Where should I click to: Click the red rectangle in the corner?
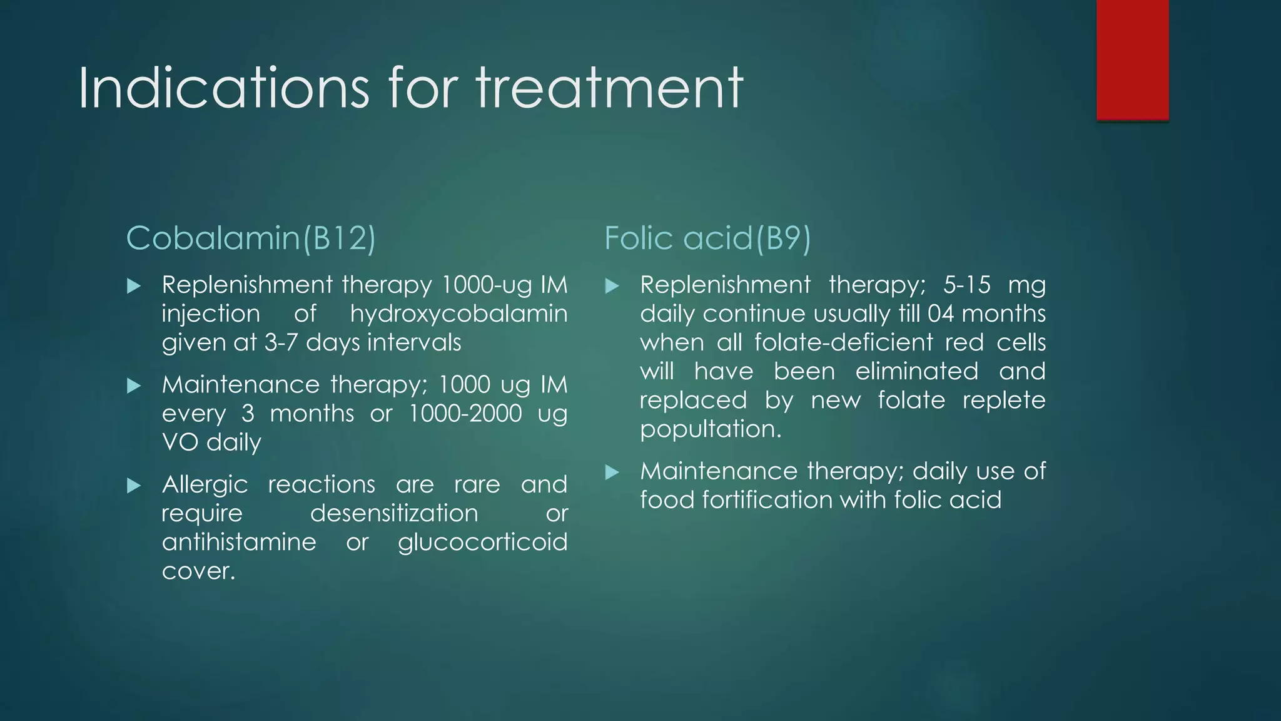point(1132,60)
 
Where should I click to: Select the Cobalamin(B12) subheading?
point(251,238)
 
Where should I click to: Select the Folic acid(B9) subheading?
point(707,238)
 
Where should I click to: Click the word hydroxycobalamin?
point(458,314)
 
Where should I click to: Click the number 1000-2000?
point(465,414)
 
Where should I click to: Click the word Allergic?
point(205,485)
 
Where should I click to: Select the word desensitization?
point(394,514)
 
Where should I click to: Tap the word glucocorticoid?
point(482,543)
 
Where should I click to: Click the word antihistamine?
point(239,543)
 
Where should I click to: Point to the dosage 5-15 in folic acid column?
point(967,285)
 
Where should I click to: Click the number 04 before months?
point(941,314)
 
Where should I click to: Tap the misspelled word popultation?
point(711,430)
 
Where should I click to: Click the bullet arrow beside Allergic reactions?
point(134,486)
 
